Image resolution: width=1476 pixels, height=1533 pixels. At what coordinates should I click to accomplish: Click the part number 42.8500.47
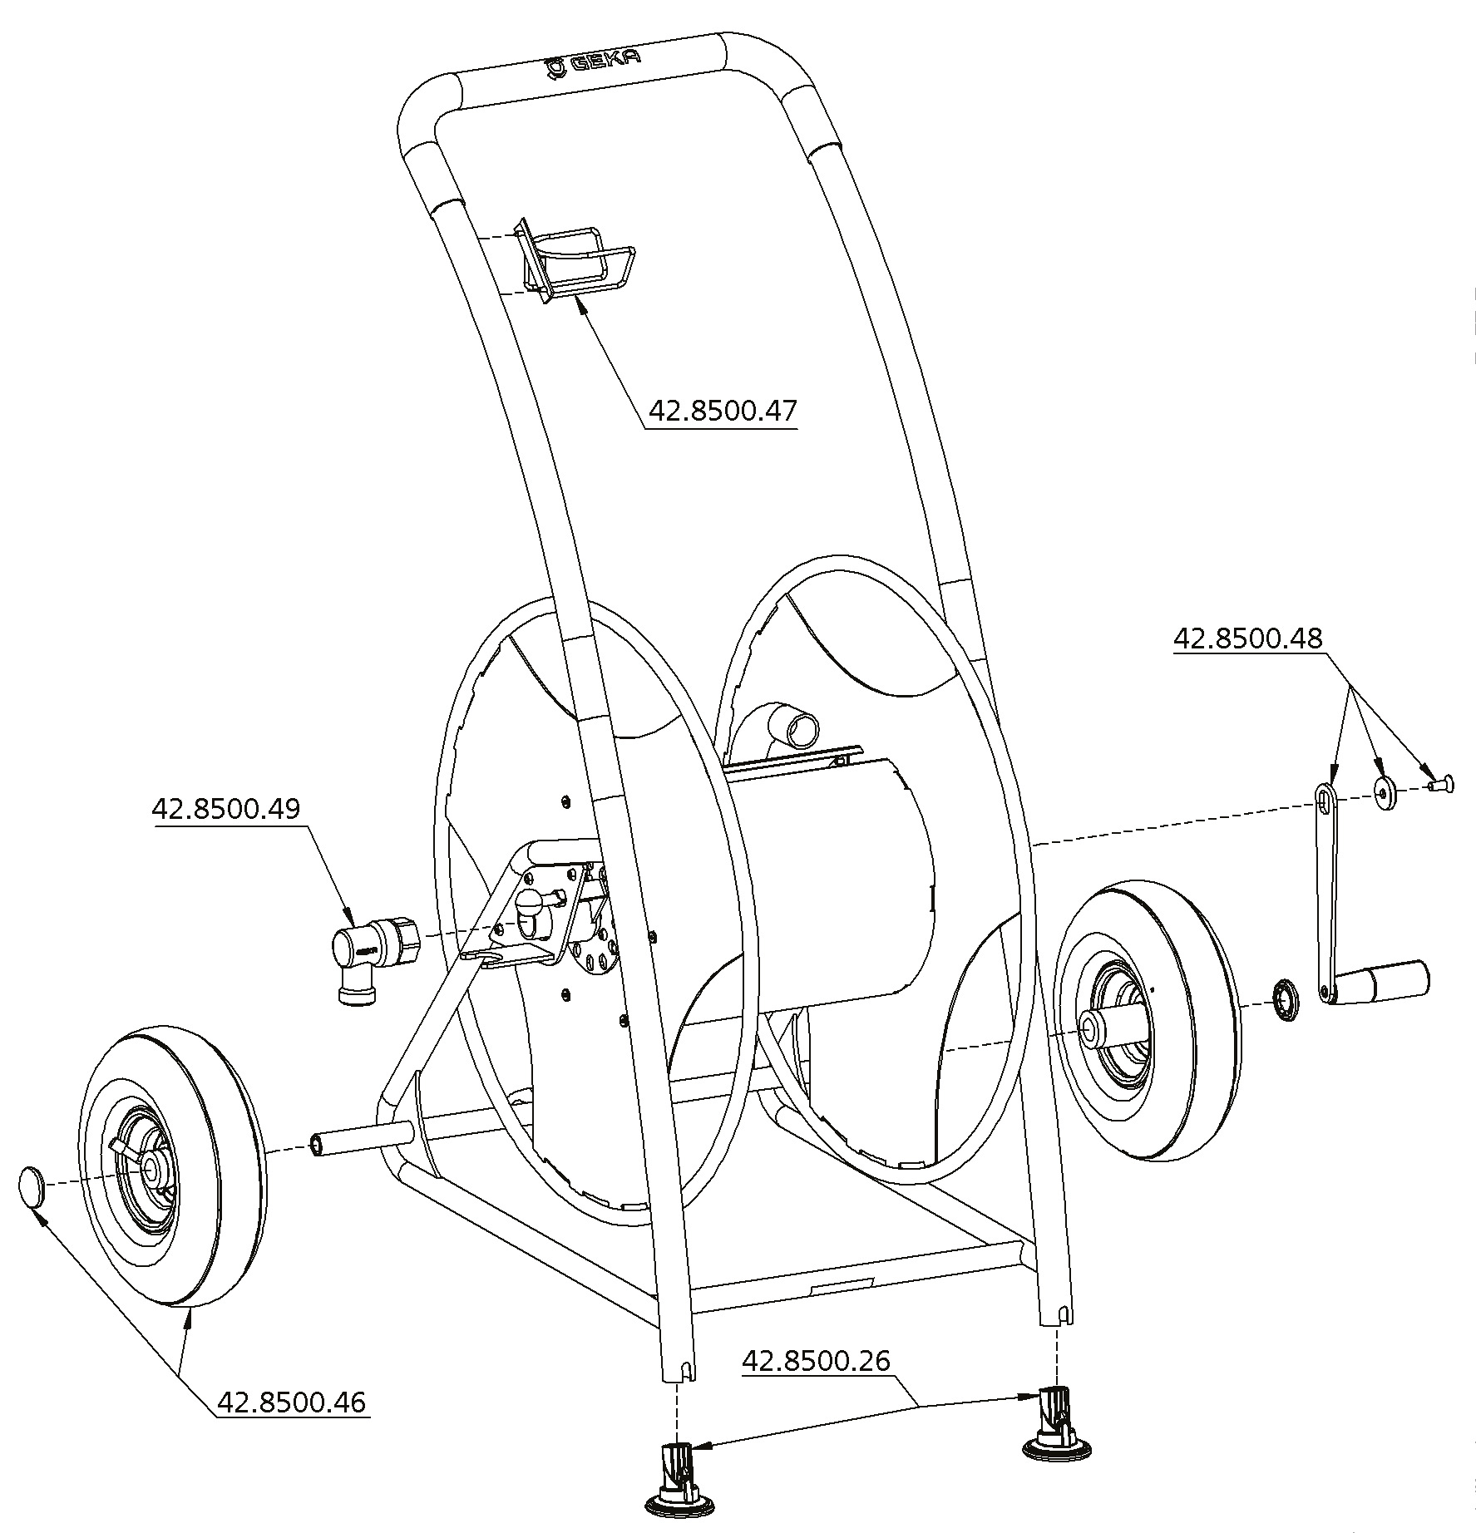(722, 412)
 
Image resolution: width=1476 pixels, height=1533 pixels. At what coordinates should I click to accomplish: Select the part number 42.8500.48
(1247, 638)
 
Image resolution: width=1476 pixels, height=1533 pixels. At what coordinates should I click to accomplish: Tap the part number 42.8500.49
(225, 809)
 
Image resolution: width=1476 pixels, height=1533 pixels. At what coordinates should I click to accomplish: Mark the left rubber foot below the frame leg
(680, 1489)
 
